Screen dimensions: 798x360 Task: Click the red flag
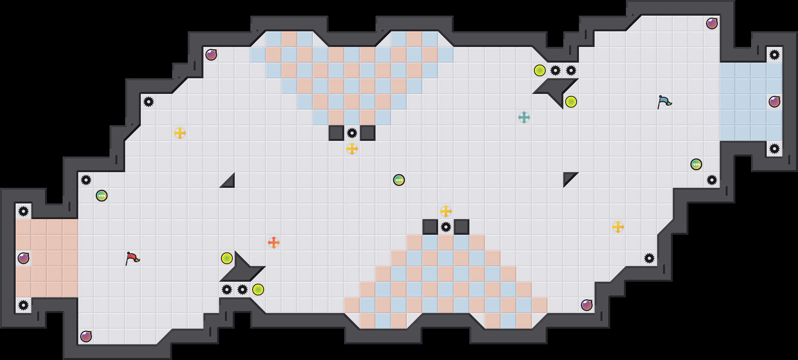pyautogui.click(x=132, y=258)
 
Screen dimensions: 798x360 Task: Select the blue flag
pyautogui.click(x=664, y=102)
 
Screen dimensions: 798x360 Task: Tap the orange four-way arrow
pyautogui.click(x=274, y=243)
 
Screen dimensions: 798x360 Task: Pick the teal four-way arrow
pyautogui.click(x=524, y=117)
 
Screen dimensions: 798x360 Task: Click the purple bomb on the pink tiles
pyautogui.click(x=23, y=258)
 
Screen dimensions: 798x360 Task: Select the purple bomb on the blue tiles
pyautogui.click(x=775, y=102)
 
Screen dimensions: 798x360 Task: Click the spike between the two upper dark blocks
pyautogui.click(x=352, y=133)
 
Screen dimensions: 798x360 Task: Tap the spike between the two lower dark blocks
pyautogui.click(x=446, y=227)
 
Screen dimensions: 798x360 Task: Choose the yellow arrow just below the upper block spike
pyautogui.click(x=352, y=149)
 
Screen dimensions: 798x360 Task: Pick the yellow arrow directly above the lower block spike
pyautogui.click(x=446, y=211)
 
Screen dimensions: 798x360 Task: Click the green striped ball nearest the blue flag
pyautogui.click(x=696, y=164)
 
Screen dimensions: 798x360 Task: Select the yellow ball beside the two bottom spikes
pyautogui.click(x=258, y=290)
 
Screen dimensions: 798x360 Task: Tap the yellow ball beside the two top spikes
pyautogui.click(x=540, y=70)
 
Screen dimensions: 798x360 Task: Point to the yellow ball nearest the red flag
pyautogui.click(x=227, y=258)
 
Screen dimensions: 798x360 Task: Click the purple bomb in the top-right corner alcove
pyautogui.click(x=712, y=23)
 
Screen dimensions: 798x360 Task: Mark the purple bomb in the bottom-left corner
pyautogui.click(x=86, y=337)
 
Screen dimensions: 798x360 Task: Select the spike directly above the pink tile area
pyautogui.click(x=23, y=211)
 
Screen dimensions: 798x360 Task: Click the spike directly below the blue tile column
pyautogui.click(x=775, y=149)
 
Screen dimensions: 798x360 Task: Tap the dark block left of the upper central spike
pyautogui.click(x=336, y=133)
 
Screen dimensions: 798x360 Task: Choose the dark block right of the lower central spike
pyautogui.click(x=462, y=227)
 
